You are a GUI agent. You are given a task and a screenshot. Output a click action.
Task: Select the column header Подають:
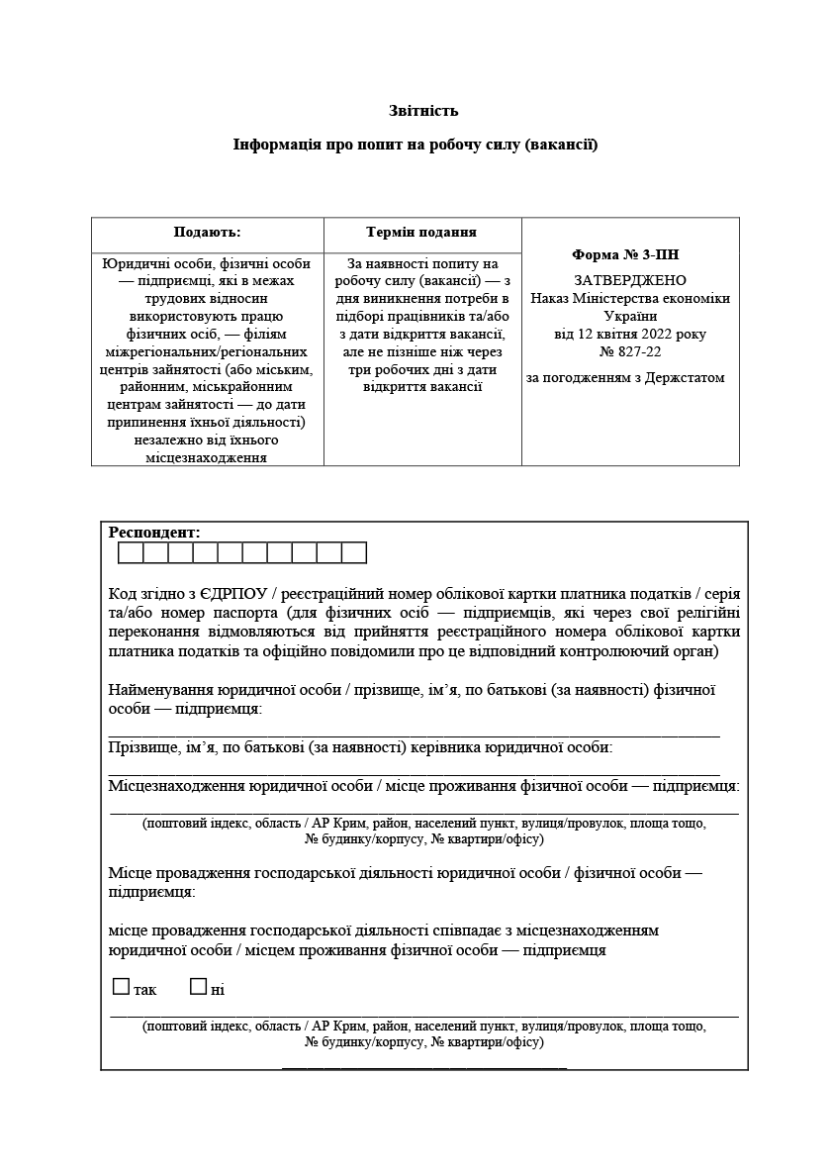coord(207,233)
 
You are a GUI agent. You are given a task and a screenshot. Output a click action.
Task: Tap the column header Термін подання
coord(421,233)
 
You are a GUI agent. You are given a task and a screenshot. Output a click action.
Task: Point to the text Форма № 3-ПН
coord(625,254)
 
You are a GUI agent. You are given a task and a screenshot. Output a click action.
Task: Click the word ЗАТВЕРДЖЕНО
coord(629,281)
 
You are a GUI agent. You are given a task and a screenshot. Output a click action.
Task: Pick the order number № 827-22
coord(630,351)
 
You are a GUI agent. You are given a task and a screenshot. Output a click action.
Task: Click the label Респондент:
coord(154,533)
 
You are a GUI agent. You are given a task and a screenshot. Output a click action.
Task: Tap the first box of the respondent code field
coord(131,552)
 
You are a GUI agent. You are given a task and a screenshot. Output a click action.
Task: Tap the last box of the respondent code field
coord(354,552)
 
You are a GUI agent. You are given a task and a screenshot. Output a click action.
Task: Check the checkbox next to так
coord(122,987)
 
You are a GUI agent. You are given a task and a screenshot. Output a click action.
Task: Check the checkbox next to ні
coord(198,987)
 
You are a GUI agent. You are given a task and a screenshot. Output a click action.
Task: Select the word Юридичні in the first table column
coord(135,264)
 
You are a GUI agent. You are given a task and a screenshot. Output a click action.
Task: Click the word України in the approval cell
coord(629,316)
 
